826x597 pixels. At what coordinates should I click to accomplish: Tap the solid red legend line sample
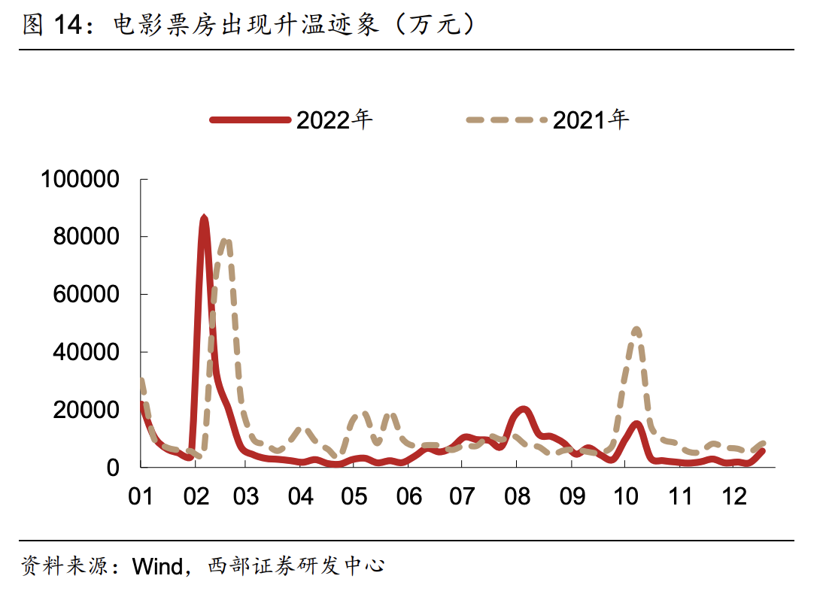pyautogui.click(x=251, y=119)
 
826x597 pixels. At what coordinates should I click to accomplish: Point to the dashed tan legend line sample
pyautogui.click(x=506, y=119)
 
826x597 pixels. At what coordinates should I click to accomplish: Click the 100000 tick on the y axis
pyautogui.click(x=80, y=179)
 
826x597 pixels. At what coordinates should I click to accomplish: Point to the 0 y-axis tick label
pyautogui.click(x=113, y=467)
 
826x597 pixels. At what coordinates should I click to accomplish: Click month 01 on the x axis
pyautogui.click(x=141, y=497)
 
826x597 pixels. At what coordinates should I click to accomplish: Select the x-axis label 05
pyautogui.click(x=354, y=497)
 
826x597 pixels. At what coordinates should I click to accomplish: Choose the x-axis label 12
pyautogui.click(x=733, y=497)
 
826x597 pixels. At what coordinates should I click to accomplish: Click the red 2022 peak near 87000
pyautogui.click(x=204, y=218)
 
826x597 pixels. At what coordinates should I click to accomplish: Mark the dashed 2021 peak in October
pyautogui.click(x=636, y=329)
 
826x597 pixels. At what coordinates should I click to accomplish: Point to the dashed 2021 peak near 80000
pyautogui.click(x=225, y=241)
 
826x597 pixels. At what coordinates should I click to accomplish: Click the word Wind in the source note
pyautogui.click(x=157, y=565)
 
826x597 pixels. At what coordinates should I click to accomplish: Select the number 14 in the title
pyautogui.click(x=68, y=25)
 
